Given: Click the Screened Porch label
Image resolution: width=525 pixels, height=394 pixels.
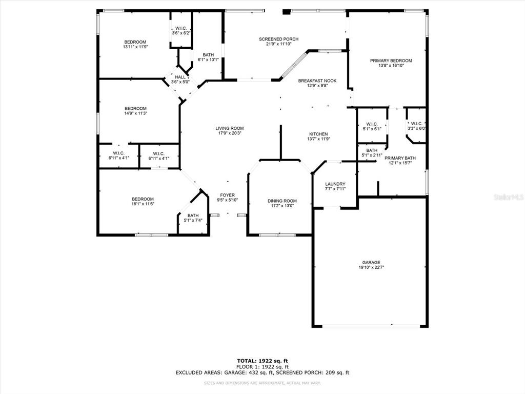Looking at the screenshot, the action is pyautogui.click(x=278, y=39).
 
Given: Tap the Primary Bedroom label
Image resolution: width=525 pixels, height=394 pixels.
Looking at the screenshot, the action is pyautogui.click(x=391, y=61).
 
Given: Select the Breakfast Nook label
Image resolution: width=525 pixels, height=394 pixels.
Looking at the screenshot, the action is pyautogui.click(x=317, y=81).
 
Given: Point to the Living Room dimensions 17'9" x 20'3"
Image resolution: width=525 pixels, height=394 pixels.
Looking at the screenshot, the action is pyautogui.click(x=229, y=133).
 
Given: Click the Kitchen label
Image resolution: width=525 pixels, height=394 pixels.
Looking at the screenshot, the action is pyautogui.click(x=318, y=134).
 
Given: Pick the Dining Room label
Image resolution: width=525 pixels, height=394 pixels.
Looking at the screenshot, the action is pyautogui.click(x=282, y=201).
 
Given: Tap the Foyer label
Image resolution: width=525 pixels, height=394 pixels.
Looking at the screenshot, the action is pyautogui.click(x=227, y=195).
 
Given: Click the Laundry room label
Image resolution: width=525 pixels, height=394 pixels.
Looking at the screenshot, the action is pyautogui.click(x=335, y=184).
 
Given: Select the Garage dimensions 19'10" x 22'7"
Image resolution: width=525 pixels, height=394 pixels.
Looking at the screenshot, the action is pyautogui.click(x=371, y=267).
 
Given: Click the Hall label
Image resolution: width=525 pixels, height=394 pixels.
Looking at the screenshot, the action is pyautogui.click(x=180, y=77).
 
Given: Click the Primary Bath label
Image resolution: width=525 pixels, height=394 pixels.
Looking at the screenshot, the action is pyautogui.click(x=400, y=158).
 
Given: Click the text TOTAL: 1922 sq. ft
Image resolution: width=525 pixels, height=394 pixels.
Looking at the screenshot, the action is pyautogui.click(x=262, y=361).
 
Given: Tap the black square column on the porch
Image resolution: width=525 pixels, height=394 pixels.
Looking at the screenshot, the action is pyautogui.click(x=286, y=12).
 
